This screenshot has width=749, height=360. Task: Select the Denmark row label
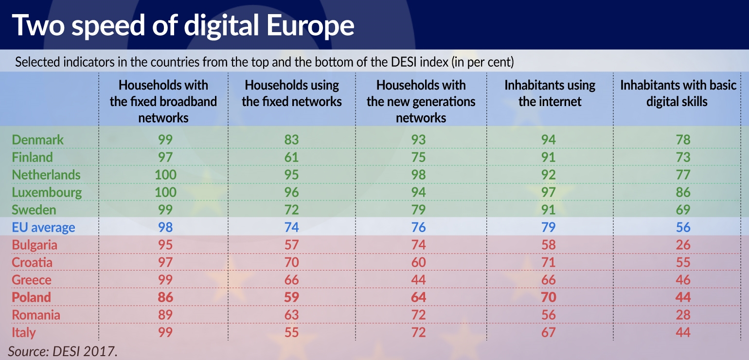pyautogui.click(x=38, y=140)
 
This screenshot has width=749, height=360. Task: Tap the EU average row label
pyautogui.click(x=44, y=228)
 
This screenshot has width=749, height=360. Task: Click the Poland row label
pyautogui.click(x=32, y=298)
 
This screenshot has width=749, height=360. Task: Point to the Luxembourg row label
pyautogui.click(x=47, y=193)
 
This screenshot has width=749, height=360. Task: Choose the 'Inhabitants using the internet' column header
pyautogui.click(x=550, y=93)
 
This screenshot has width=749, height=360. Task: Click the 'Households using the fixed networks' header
pyautogui.click(x=292, y=93)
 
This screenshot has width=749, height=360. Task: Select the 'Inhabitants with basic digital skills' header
pyautogui.click(x=678, y=93)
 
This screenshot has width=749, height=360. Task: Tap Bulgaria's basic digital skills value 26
pyautogui.click(x=683, y=245)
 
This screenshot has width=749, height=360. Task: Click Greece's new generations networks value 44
pyautogui.click(x=418, y=280)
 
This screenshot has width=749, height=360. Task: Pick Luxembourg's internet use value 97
pyautogui.click(x=549, y=193)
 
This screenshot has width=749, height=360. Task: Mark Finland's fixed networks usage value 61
pyautogui.click(x=291, y=158)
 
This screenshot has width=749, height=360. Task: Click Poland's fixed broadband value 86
pyautogui.click(x=165, y=298)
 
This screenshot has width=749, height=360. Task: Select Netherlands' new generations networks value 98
pyautogui.click(x=418, y=175)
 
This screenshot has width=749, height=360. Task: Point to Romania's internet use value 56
pyautogui.click(x=549, y=315)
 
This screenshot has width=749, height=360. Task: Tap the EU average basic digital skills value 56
pyautogui.click(x=683, y=228)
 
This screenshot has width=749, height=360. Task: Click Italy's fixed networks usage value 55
pyautogui.click(x=291, y=333)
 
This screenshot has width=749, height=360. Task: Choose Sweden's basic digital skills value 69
pyautogui.click(x=683, y=210)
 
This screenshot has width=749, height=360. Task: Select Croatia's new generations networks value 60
pyautogui.click(x=418, y=263)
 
